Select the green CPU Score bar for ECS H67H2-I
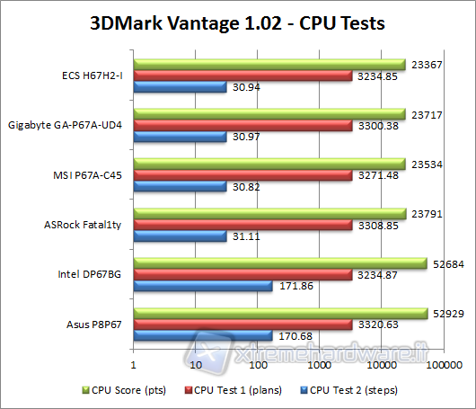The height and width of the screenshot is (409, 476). (x=269, y=64)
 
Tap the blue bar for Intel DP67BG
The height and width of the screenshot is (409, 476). (x=203, y=286)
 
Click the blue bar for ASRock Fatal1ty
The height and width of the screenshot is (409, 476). (x=180, y=236)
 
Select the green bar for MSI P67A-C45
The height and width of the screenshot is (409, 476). (x=269, y=163)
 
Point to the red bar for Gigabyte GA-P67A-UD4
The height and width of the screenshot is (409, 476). (x=243, y=125)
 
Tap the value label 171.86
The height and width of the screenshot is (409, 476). (x=296, y=286)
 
